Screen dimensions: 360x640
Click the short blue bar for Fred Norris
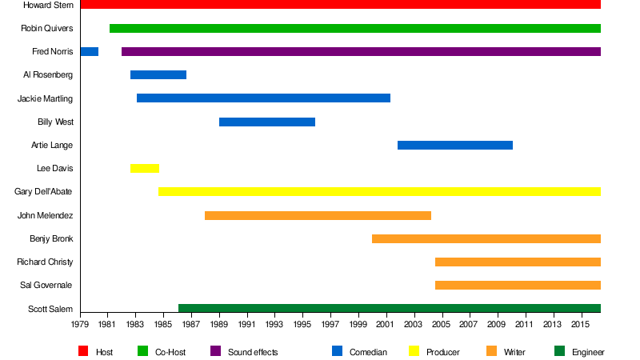(89, 52)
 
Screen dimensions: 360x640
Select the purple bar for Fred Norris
(361, 52)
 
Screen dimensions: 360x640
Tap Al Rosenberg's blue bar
(158, 75)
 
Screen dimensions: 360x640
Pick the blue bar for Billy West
(267, 122)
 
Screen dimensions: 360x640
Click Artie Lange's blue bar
(455, 146)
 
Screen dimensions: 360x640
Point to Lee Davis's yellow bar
(145, 169)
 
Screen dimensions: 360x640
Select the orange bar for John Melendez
(318, 215)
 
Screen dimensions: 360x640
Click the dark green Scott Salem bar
(390, 309)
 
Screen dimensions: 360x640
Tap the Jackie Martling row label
(45, 99)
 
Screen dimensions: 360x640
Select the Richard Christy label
(45, 262)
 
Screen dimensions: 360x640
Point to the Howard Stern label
(48, 6)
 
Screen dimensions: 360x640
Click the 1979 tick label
(80, 325)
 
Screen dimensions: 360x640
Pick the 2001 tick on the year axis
(386, 325)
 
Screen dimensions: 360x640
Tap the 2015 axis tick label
(580, 325)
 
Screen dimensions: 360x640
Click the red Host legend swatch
(83, 351)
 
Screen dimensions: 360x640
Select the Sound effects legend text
(253, 352)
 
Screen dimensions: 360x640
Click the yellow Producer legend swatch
(414, 351)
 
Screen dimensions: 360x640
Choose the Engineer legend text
(588, 352)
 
